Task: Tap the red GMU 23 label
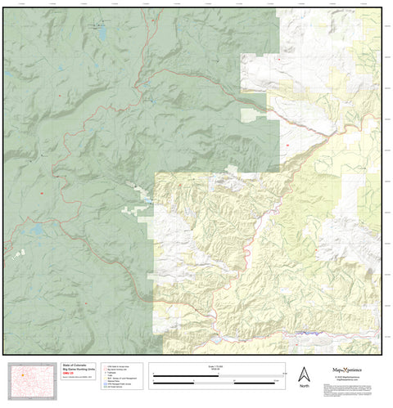point(70,377)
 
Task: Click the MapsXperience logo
point(349,370)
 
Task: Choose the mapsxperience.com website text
point(349,382)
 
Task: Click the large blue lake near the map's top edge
point(102,34)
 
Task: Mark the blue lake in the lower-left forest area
point(37,231)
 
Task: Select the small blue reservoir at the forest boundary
point(148,199)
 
